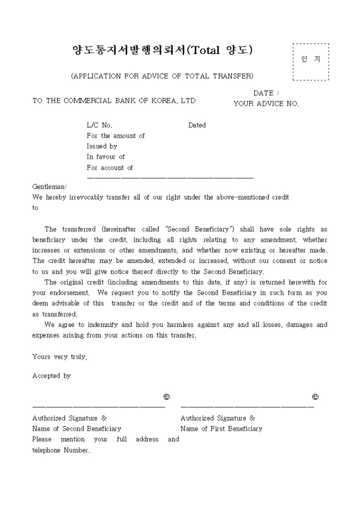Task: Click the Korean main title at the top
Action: [x=162, y=50]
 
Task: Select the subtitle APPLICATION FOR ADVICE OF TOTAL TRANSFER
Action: [x=162, y=76]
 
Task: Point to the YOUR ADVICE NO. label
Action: [x=266, y=104]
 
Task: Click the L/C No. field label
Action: [x=100, y=125]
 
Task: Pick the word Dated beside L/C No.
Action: [x=197, y=125]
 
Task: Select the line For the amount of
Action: [x=115, y=136]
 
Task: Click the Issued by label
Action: [x=102, y=147]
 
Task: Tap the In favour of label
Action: [x=105, y=157]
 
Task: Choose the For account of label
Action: [x=110, y=168]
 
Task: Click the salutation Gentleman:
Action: [x=50, y=187]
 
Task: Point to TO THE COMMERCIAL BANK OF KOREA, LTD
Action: [x=114, y=101]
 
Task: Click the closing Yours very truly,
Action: [x=59, y=357]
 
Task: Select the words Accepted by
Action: [x=51, y=376]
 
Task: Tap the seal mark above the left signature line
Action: [x=167, y=397]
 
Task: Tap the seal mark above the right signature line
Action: [x=316, y=397]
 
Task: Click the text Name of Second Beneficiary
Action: [x=76, y=429]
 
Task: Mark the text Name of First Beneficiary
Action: [x=221, y=429]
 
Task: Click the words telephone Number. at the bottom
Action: [x=61, y=450]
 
